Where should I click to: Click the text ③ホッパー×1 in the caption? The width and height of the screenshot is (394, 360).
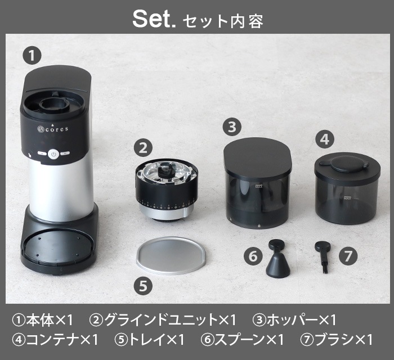[x=294, y=321]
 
